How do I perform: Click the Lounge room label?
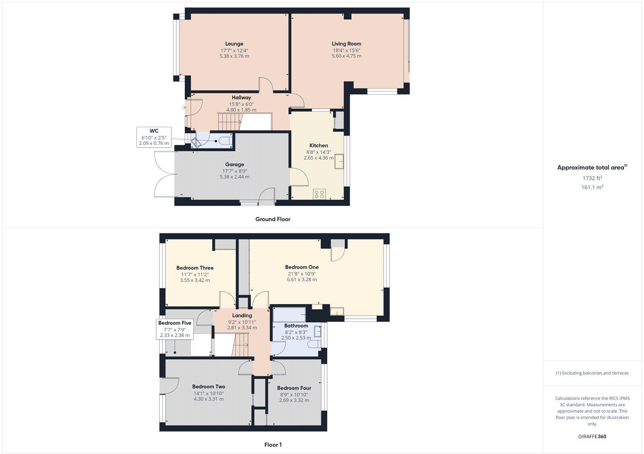pos(234,44)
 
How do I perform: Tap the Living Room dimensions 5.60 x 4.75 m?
pos(346,56)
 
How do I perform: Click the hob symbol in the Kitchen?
pos(319,194)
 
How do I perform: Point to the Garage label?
pos(234,164)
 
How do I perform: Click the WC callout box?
pos(154,137)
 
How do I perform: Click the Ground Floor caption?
pos(272,219)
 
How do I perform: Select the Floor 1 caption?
pos(272,445)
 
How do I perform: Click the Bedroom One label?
pos(301,267)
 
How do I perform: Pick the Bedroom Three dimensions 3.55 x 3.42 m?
pos(195,281)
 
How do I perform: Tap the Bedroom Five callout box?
pos(175,329)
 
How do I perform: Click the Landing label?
pos(242,316)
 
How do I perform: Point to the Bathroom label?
pos(296,326)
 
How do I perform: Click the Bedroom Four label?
pos(294,388)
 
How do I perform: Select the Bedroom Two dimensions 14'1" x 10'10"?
pos(208,393)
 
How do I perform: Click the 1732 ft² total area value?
pos(592,178)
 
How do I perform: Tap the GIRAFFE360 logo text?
pos(592,436)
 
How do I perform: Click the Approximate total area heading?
pos(591,168)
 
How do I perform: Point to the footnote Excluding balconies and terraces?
pos(592,373)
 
